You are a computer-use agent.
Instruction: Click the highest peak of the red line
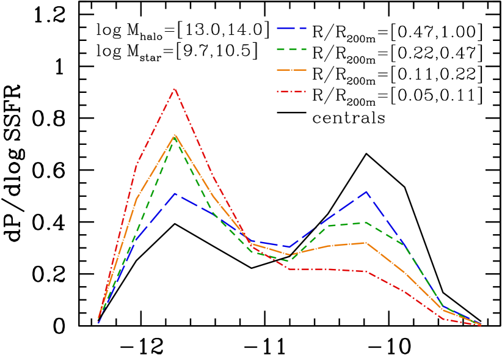tap(175, 89)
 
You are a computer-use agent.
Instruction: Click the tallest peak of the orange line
tap(175, 134)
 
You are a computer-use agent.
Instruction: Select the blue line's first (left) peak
tap(175, 193)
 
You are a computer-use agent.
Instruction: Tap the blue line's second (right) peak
tap(366, 191)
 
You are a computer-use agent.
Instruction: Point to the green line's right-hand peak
tap(366, 222)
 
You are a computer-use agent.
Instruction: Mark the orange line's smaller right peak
tap(366, 243)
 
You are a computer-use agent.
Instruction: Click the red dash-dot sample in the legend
tap(291, 92)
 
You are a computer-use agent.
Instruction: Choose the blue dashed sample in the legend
tap(291, 28)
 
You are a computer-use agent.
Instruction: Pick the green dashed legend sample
tap(291, 49)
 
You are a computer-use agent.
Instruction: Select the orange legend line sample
tap(291, 70)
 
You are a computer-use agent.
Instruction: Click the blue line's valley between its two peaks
tap(289, 247)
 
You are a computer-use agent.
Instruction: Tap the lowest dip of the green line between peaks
tap(289, 261)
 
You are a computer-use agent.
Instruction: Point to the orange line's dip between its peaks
tap(289, 254)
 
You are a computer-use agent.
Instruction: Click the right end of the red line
tap(481, 325)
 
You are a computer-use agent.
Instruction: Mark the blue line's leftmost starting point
tap(98, 322)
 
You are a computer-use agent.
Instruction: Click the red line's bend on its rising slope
tap(136, 164)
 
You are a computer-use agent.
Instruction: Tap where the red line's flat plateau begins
tap(289, 269)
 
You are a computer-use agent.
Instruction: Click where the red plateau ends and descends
tap(366, 271)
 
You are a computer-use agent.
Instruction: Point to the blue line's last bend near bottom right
tap(443, 306)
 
